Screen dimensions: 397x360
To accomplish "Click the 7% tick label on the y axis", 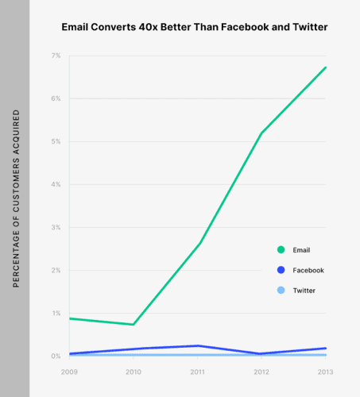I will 56,56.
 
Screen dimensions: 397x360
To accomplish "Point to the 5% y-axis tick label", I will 56,141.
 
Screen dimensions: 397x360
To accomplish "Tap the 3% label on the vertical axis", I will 56,227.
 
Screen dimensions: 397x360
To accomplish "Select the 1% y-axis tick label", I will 56,313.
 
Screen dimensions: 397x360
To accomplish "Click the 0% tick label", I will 56,356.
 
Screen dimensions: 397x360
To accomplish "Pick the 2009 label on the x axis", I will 69,371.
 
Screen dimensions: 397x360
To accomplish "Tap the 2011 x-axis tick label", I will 198,371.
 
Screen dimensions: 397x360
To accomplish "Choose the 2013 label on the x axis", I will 326,371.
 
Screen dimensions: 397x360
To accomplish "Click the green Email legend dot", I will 281,250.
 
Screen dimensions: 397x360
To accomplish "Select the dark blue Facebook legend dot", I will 281,270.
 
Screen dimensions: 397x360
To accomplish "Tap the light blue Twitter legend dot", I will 281,291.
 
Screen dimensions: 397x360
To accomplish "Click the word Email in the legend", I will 301,250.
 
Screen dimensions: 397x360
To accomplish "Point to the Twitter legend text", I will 304,291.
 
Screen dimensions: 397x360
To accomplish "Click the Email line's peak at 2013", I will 326,67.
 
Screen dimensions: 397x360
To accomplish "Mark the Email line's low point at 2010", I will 134,324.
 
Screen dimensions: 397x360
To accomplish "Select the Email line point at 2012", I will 261,133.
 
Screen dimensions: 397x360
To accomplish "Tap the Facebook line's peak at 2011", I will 198,345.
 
